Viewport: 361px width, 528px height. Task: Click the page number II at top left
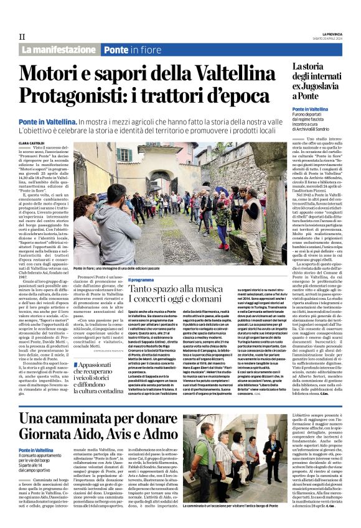21,37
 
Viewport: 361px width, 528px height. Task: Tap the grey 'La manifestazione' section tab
59,49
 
